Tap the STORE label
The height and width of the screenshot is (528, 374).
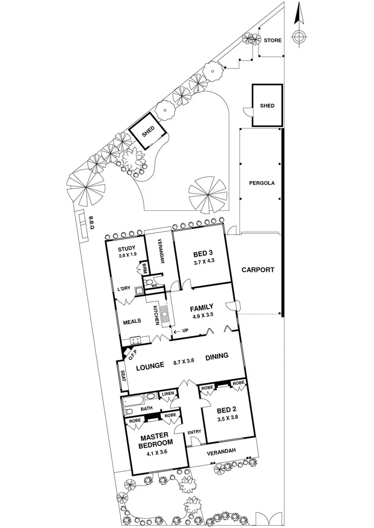click(273, 41)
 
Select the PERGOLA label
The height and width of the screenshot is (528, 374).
click(261, 183)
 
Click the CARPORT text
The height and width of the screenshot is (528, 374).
click(257, 269)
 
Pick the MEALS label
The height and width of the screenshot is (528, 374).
click(132, 321)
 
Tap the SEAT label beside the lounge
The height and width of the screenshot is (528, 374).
click(123, 376)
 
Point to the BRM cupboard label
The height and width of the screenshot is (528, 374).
click(145, 268)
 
